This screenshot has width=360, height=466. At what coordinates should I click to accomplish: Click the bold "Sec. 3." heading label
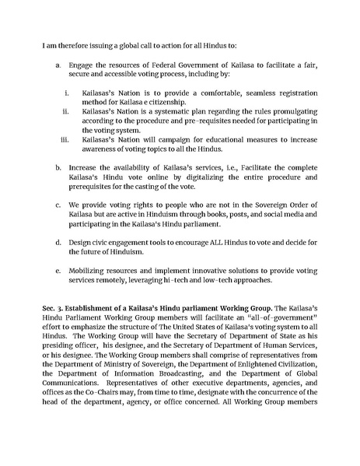(x=55, y=310)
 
